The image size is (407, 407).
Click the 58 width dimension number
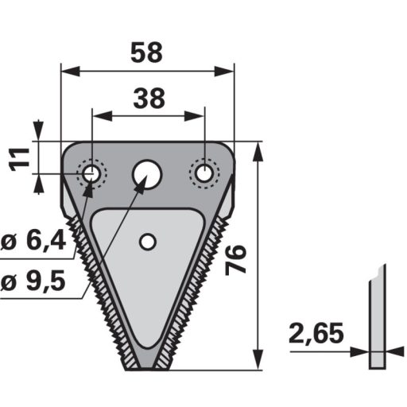point(146,53)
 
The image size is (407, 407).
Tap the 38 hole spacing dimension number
point(149,99)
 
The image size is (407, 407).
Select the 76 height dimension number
point(236,260)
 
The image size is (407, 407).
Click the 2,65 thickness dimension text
point(316,333)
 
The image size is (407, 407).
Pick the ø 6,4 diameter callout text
point(33,242)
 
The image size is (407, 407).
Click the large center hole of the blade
point(147,175)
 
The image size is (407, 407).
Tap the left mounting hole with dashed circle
point(91,173)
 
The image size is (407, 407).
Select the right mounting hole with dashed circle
point(204,173)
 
